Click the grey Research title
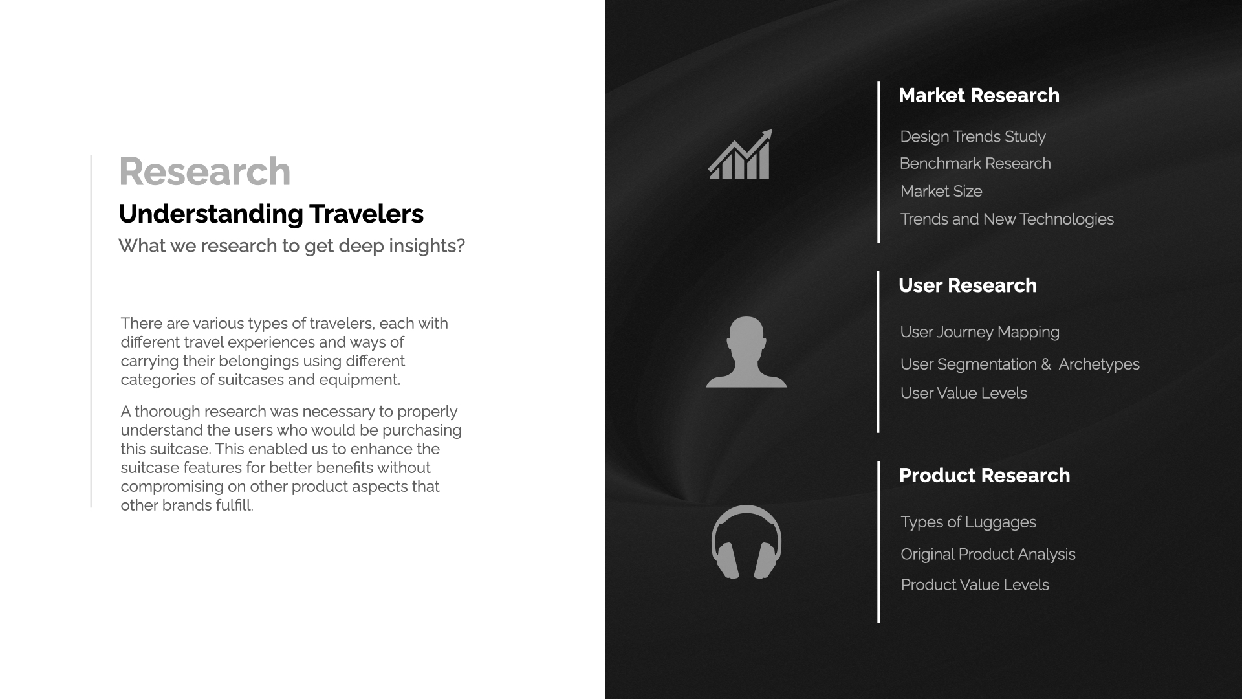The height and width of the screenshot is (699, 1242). click(x=204, y=172)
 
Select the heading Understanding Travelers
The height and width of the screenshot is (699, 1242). click(x=270, y=214)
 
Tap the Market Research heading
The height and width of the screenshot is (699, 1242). click(x=979, y=95)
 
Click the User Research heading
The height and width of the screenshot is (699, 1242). click(x=967, y=285)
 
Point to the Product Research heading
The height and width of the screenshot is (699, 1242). click(x=984, y=476)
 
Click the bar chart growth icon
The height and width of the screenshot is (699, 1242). click(x=740, y=156)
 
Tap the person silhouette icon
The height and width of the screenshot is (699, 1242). click(x=746, y=352)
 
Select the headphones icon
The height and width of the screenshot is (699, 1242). click(x=746, y=542)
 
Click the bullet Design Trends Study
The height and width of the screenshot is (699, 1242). click(x=972, y=137)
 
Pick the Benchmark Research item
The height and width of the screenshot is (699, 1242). click(x=975, y=164)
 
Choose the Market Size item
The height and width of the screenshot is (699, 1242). click(x=941, y=192)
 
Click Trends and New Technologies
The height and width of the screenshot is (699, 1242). click(x=1007, y=219)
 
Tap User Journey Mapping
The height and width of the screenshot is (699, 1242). click(x=979, y=332)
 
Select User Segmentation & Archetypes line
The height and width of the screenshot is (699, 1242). click(x=1019, y=364)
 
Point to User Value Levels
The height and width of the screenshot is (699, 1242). click(x=963, y=394)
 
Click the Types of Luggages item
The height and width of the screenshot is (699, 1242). click(x=968, y=522)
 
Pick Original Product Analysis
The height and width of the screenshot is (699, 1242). click(x=988, y=555)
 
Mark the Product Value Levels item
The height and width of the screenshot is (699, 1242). click(x=974, y=585)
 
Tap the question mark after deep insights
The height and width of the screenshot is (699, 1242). click(x=461, y=246)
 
